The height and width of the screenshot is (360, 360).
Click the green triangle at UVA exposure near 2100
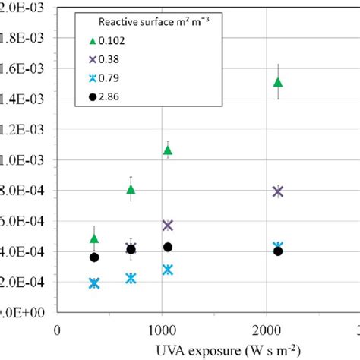tap(278, 82)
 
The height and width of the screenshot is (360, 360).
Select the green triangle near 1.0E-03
tap(168, 150)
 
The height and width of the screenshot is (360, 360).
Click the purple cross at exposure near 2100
tap(278, 191)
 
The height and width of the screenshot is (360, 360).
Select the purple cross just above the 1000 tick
tap(168, 226)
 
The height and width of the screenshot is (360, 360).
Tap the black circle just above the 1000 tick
tap(168, 247)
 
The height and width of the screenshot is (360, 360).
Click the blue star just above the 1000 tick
tap(168, 270)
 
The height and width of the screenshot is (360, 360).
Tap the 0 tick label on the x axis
tap(58, 331)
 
